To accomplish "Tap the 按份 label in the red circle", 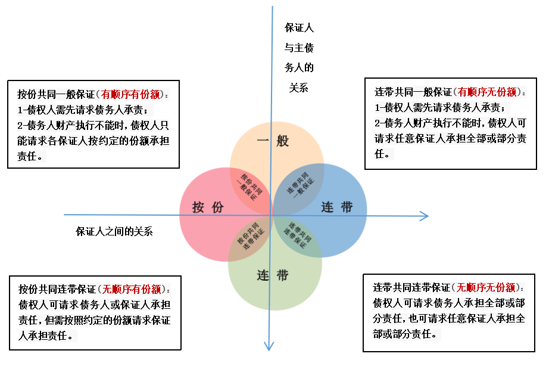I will (208, 207).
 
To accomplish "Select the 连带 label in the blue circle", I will (337, 207).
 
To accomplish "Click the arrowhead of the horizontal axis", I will (424, 215).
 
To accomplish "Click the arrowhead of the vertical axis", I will (272, 346).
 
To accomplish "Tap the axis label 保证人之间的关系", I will (114, 231).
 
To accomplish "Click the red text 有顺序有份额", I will (130, 94).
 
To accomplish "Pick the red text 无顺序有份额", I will (132, 290).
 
